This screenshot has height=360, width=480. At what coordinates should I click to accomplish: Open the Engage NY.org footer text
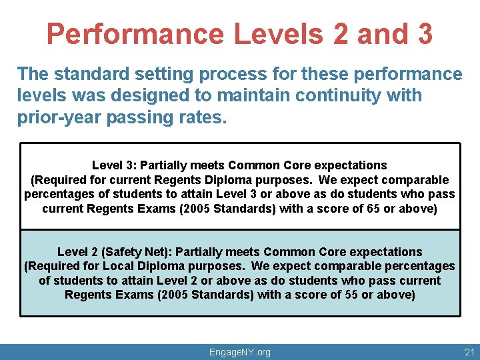240,352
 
